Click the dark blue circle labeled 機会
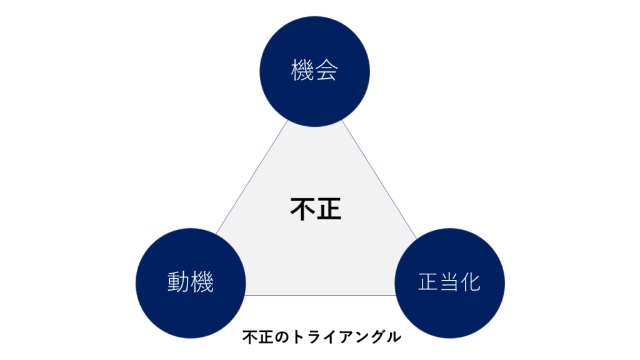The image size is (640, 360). (x=315, y=71)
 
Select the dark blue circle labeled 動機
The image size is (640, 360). (x=191, y=283)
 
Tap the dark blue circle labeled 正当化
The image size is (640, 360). (x=449, y=283)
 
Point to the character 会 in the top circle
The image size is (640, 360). (x=326, y=70)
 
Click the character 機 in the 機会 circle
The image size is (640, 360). (x=302, y=70)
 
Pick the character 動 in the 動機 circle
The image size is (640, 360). (x=179, y=282)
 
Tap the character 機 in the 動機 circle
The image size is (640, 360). (x=202, y=282)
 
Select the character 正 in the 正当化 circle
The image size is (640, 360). (x=428, y=282)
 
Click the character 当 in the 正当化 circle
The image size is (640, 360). (x=449, y=282)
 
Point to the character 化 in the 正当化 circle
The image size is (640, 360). (x=470, y=282)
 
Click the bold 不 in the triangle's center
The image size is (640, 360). (x=302, y=209)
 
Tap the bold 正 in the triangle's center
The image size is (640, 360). (x=329, y=209)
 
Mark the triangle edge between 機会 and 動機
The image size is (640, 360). (x=252, y=177)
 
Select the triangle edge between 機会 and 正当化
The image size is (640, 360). (x=379, y=179)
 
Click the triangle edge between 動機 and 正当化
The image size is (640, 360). (x=320, y=295)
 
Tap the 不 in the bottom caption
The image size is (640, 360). (x=250, y=337)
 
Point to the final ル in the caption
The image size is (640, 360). (x=394, y=337)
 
